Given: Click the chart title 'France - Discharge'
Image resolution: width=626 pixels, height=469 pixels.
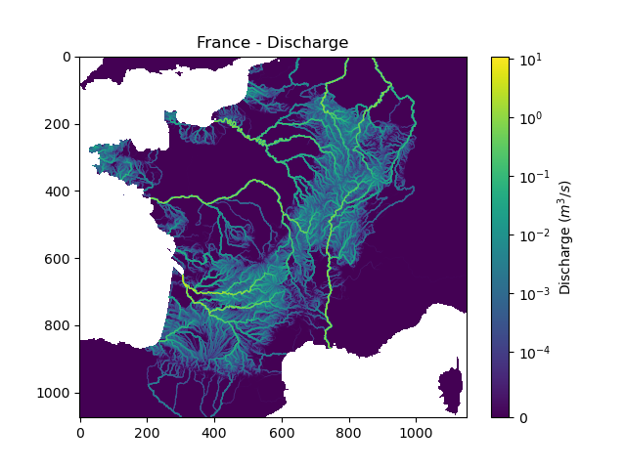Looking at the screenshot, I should [x=272, y=43].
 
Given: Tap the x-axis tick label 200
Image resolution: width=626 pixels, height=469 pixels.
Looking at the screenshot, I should [x=147, y=431].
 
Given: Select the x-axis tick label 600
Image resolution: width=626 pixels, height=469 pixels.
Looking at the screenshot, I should [x=282, y=431].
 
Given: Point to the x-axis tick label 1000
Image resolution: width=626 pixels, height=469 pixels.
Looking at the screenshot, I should [x=416, y=431].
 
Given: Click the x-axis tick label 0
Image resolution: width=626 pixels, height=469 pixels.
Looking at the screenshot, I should [x=80, y=431].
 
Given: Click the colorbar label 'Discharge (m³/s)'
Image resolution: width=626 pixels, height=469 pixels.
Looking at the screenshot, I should [x=565, y=237].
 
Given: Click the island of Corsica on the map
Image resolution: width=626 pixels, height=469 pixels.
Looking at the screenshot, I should [x=451, y=384].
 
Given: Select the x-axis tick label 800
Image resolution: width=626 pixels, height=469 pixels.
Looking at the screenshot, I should [x=349, y=431].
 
